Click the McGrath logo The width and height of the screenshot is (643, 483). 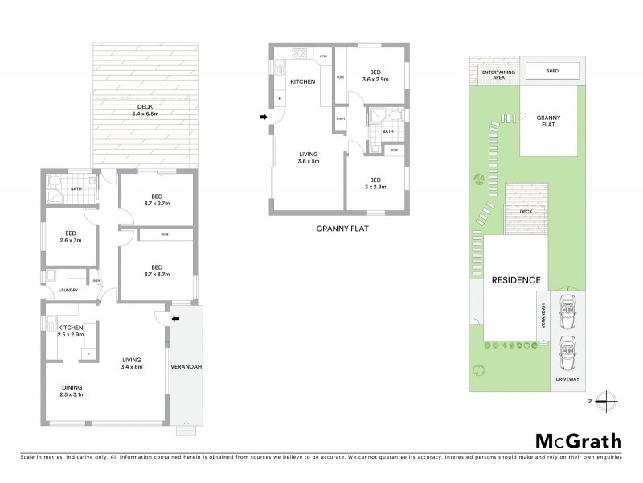(x=578, y=440)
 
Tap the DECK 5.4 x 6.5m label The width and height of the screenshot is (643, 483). (x=145, y=109)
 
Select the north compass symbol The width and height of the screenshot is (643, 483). (x=610, y=400)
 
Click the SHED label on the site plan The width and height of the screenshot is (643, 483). (x=552, y=71)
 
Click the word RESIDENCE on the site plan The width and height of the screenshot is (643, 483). (x=516, y=280)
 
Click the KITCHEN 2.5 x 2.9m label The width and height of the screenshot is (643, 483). (x=71, y=331)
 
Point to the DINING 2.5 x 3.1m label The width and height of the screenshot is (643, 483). (x=73, y=391)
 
